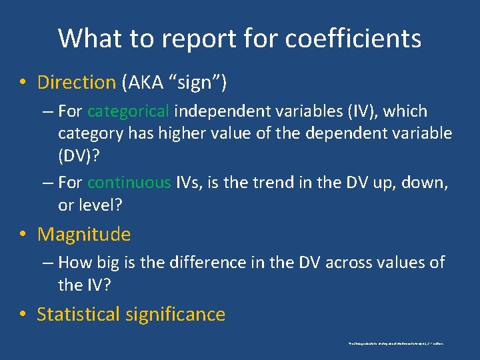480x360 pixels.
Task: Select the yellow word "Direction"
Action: coord(77,83)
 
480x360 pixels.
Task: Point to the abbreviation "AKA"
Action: coord(145,83)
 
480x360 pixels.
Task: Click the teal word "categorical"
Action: coord(129,111)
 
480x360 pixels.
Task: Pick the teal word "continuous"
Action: coord(129,183)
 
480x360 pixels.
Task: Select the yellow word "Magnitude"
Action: coord(84,234)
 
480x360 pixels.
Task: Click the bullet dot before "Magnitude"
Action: coord(23,235)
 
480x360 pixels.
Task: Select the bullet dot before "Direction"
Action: coord(23,83)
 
